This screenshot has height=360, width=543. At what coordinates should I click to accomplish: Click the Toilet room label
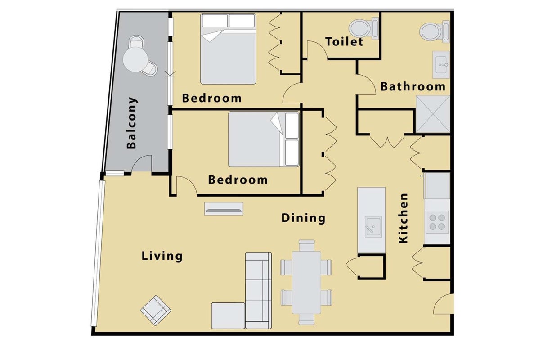344,42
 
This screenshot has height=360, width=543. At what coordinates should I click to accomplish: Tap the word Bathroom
413,86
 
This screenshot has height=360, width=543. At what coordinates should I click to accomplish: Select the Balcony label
132,123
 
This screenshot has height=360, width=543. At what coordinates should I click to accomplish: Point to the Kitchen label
404,218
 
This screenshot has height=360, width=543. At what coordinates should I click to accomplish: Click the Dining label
303,218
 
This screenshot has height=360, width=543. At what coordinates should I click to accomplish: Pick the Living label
162,256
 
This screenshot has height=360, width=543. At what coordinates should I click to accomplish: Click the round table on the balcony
135,59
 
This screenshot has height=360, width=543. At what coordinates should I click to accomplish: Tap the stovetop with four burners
437,222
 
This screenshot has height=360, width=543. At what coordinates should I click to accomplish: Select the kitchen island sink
373,227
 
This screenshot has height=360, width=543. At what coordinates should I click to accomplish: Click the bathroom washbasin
441,65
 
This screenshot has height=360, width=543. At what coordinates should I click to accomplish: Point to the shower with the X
433,114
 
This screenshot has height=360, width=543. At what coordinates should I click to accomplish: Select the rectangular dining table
306,283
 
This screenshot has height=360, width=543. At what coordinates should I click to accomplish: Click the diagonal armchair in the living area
156,310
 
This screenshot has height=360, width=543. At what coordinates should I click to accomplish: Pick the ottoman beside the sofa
228,315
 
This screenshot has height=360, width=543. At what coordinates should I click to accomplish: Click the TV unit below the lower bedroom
224,209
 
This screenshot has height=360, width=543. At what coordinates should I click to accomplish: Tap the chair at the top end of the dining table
307,245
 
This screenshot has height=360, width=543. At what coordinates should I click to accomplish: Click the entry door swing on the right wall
444,304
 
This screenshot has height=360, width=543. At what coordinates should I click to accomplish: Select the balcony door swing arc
138,161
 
